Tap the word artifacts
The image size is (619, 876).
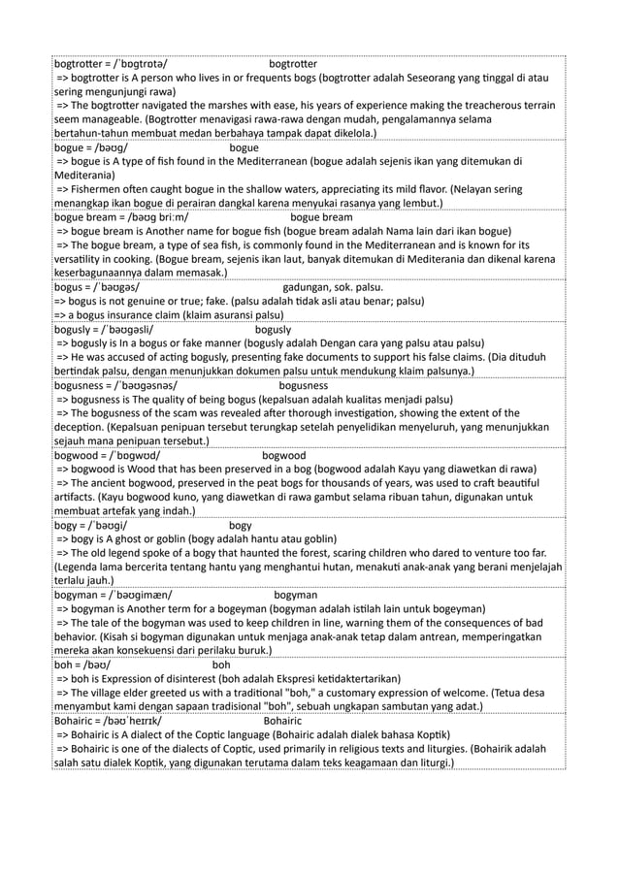tap(78, 498)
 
